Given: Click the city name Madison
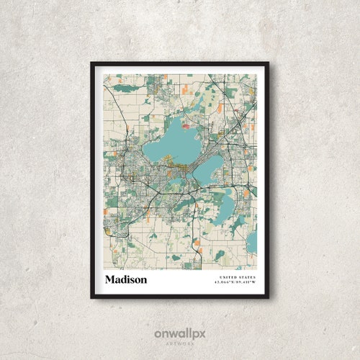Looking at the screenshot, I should point(126,279).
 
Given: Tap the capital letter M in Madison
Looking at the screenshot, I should point(110,279).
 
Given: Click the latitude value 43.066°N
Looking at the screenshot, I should point(225,282).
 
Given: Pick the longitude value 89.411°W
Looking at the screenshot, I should point(246,282).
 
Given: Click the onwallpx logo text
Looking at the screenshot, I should point(179,333).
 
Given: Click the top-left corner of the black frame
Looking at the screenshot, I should point(91,63).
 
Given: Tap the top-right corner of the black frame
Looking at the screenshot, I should point(268,63).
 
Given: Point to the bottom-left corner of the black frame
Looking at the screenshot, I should point(91,297).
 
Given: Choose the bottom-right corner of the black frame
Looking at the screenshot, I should point(268,297).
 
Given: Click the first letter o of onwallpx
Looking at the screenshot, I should point(157,334).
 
